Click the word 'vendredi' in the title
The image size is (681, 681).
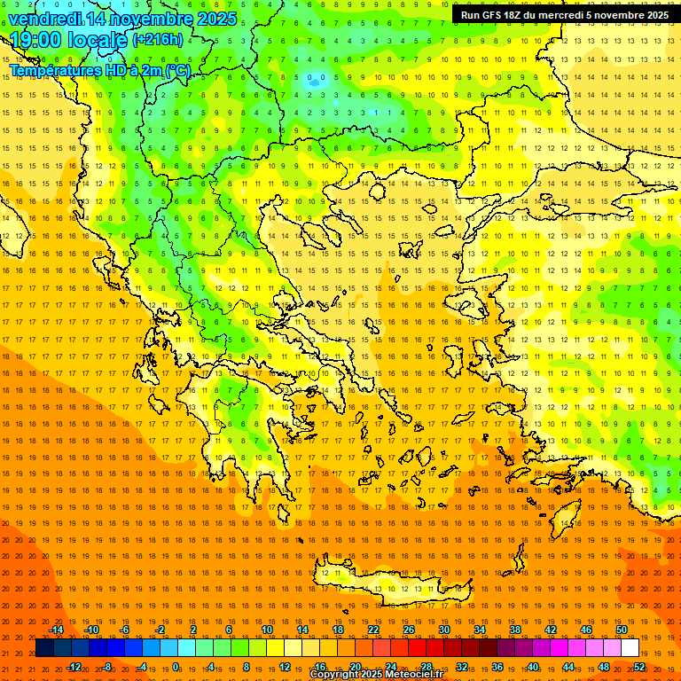(x=44, y=19)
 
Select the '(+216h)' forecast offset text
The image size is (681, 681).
(x=158, y=40)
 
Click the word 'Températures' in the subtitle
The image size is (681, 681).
(x=55, y=71)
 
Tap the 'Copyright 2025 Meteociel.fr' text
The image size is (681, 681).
(x=376, y=675)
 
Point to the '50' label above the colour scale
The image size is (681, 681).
(x=622, y=630)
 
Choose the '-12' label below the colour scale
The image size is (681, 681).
(x=74, y=667)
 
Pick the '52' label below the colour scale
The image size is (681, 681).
(x=639, y=667)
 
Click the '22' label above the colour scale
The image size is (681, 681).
(x=373, y=630)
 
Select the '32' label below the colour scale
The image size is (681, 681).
(x=462, y=667)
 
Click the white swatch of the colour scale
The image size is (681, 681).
(x=630, y=648)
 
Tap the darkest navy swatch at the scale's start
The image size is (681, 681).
(x=45, y=648)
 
